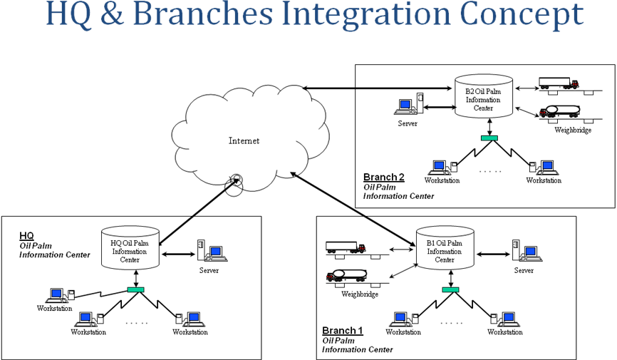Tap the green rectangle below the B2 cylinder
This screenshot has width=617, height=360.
point(489,138)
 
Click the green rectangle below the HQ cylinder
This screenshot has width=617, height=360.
point(135,289)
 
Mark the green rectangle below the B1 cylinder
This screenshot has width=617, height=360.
point(450,289)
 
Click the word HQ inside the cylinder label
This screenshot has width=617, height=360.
point(116,243)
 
